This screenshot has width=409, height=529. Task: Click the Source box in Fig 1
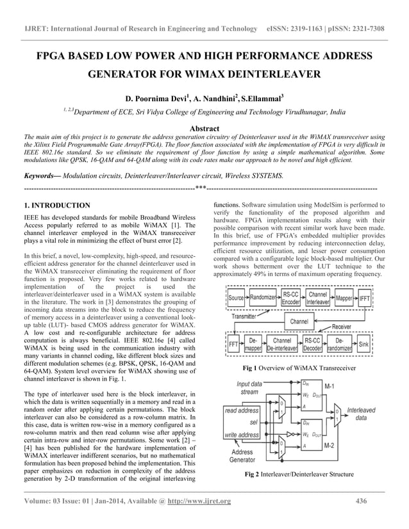(x=236, y=298)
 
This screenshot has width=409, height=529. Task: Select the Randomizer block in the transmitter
(x=262, y=298)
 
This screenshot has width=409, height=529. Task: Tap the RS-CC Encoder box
(x=290, y=298)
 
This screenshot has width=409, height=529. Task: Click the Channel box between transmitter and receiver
(x=299, y=320)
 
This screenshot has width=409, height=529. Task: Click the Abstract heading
(x=204, y=129)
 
